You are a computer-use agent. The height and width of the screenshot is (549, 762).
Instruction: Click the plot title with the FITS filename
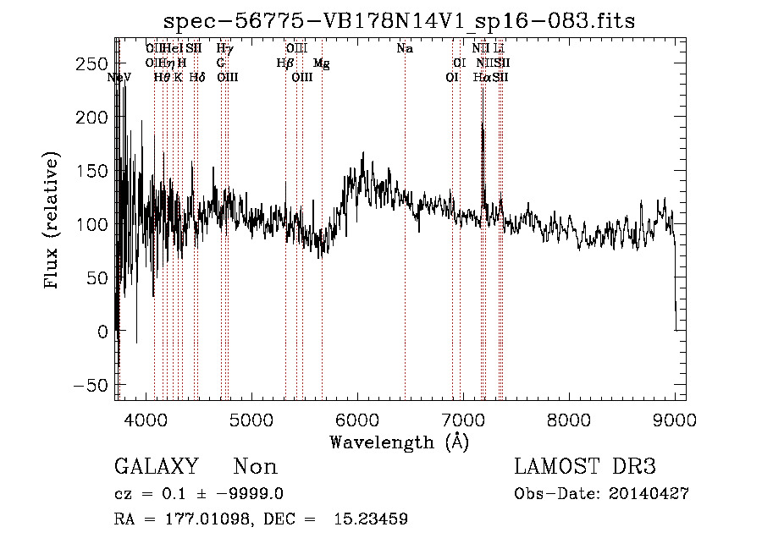[x=400, y=20]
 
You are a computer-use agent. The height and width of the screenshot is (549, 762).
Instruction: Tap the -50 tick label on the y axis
[x=89, y=385]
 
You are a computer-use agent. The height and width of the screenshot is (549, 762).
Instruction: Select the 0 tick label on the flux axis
[x=102, y=332]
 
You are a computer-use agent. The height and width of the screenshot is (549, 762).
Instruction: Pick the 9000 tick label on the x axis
[x=674, y=418]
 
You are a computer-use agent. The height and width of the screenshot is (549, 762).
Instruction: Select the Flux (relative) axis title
[x=52, y=222]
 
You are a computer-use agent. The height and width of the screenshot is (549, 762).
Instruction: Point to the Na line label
[x=405, y=49]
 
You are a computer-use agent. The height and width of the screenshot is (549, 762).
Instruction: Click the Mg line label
[x=322, y=63]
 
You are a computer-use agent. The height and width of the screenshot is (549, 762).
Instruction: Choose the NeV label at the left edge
[x=120, y=77]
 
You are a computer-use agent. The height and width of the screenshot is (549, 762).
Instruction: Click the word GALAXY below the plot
[x=157, y=467]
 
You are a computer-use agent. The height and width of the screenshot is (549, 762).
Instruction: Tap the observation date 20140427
[x=649, y=494]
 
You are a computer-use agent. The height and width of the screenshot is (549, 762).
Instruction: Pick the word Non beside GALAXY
[x=256, y=467]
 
